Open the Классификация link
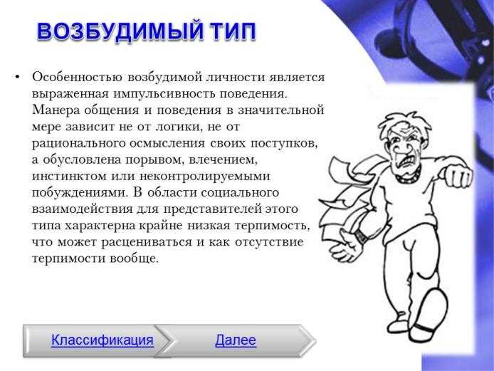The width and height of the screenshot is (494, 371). [x=103, y=340]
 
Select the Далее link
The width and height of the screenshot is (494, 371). [x=236, y=340]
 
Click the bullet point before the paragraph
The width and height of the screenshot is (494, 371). [x=17, y=77]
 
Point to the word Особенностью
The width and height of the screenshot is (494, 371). [x=77, y=77]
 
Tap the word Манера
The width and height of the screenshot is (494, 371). [x=54, y=110]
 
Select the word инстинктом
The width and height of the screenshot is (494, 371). [x=69, y=176]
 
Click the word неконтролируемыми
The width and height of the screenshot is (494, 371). [x=205, y=177]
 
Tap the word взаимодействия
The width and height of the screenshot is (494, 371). [x=83, y=209]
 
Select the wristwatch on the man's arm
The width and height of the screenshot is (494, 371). [x=362, y=236]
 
